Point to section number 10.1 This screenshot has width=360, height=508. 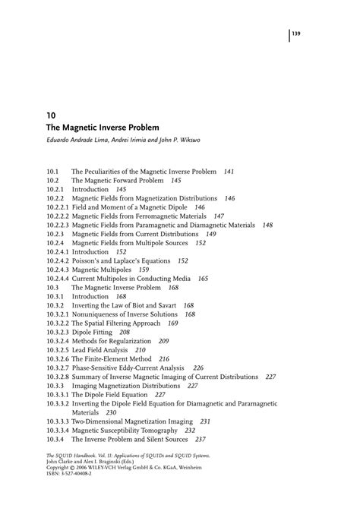point(52,172)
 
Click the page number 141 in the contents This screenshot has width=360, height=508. point(229,172)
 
